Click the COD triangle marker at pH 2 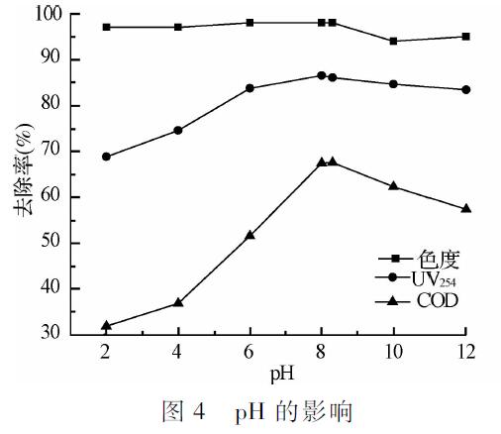(106, 325)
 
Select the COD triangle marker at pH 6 (250, 236)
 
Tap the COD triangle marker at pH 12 (466, 208)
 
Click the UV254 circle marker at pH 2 (106, 157)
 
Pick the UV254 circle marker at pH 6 (250, 88)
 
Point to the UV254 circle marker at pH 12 (466, 89)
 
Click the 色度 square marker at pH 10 (394, 41)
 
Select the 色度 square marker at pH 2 (106, 27)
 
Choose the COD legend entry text (437, 299)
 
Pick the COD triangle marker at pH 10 (394, 185)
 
